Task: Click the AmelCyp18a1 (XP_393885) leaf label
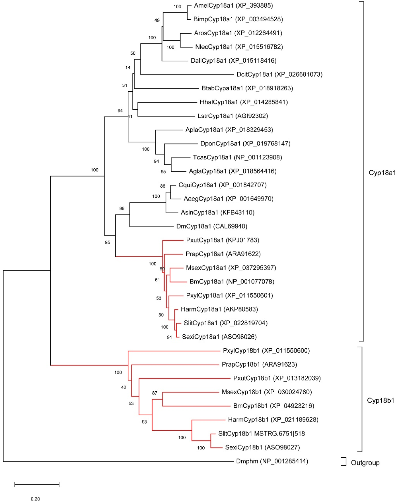tap(233, 5)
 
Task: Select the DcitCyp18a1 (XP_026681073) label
tap(279, 75)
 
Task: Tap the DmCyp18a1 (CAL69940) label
tap(212, 226)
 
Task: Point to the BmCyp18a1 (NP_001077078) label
tap(232, 282)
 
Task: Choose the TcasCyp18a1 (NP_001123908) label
tap(237, 158)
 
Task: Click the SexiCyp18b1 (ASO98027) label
tap(262, 447)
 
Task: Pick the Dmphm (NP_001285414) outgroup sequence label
tap(272, 461)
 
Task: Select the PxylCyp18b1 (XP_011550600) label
tap(266, 351)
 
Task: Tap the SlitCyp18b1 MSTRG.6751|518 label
tap(261, 434)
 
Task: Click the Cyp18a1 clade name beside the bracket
tap(382, 173)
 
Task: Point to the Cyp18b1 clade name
tap(380, 400)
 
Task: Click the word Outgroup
tap(365, 463)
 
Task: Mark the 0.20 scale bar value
tap(35, 499)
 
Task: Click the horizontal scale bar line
tap(37, 484)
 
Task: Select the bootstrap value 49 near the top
tap(157, 20)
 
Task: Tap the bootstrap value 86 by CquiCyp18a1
tap(162, 186)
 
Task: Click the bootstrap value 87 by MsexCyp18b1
tap(155, 393)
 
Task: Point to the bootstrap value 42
tap(124, 387)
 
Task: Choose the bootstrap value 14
tap(128, 68)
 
